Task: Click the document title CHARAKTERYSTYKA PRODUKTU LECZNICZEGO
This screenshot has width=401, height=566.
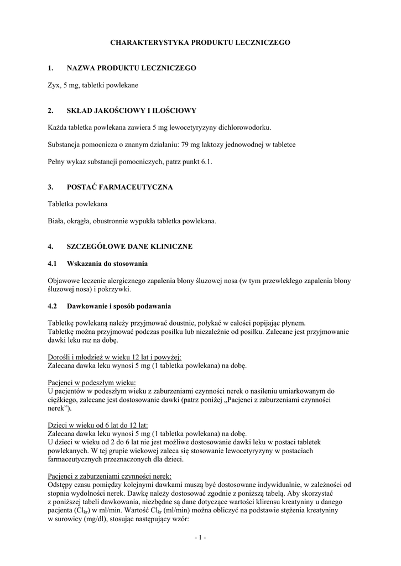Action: tap(200, 41)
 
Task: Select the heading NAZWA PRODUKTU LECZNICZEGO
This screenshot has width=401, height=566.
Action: tap(131, 68)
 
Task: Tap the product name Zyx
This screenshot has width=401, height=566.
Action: tap(54, 86)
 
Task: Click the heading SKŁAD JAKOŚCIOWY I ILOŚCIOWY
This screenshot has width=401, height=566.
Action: tap(131, 111)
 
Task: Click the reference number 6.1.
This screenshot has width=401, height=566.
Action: tap(206, 162)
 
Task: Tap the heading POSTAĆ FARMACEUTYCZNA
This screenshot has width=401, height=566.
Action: tap(119, 187)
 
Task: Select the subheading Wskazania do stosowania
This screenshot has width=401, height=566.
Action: tap(107, 263)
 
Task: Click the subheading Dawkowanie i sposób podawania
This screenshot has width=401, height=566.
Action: tap(118, 306)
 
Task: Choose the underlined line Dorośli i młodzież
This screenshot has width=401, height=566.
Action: tap(111, 357)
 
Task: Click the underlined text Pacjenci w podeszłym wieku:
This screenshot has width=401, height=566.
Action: tap(91, 382)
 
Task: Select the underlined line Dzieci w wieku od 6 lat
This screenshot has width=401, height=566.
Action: tap(98, 425)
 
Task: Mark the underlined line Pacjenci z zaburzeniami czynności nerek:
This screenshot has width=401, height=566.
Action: tap(110, 476)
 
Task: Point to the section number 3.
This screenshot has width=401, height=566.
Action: tap(50, 187)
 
